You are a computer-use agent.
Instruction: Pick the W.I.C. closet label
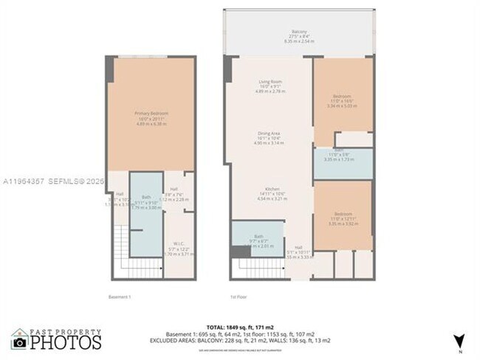pyautogui.click(x=178, y=244)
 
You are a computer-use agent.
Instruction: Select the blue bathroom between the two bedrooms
pyautogui.click(x=343, y=164)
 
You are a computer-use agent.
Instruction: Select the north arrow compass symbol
pyautogui.click(x=460, y=340)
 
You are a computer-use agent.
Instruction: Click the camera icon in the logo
pyautogui.click(x=20, y=342)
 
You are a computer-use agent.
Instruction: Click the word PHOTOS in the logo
pyautogui.click(x=66, y=343)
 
